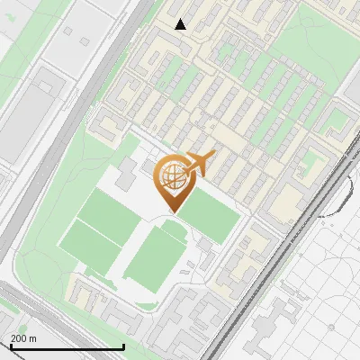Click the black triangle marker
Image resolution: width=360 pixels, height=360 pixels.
[x=181, y=24]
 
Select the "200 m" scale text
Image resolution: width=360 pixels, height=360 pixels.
[x=23, y=338]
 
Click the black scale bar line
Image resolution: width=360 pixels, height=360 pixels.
[x=67, y=346]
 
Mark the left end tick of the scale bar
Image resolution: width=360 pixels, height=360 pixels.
[x=11, y=346]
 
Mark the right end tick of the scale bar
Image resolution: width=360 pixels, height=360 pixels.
[x=123, y=345]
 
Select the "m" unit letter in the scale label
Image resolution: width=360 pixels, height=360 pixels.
[x=32, y=338]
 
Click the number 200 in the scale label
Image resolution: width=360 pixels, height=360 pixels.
[x=19, y=338]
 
